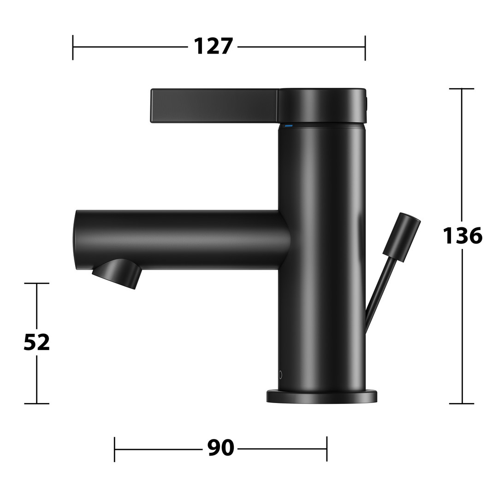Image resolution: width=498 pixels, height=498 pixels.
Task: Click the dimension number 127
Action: pyautogui.click(x=213, y=47)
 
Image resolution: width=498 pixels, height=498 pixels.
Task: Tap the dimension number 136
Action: pyautogui.click(x=462, y=235)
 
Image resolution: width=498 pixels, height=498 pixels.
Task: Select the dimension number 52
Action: pyautogui.click(x=37, y=342)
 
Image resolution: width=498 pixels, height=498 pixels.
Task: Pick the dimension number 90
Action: pyautogui.click(x=220, y=447)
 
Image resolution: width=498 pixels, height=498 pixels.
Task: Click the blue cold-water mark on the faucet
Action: pyautogui.click(x=288, y=126)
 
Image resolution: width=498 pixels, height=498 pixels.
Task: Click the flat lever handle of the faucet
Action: pyautogui.click(x=215, y=106)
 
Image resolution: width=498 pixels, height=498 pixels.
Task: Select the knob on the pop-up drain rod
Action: pyautogui.click(x=402, y=237)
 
